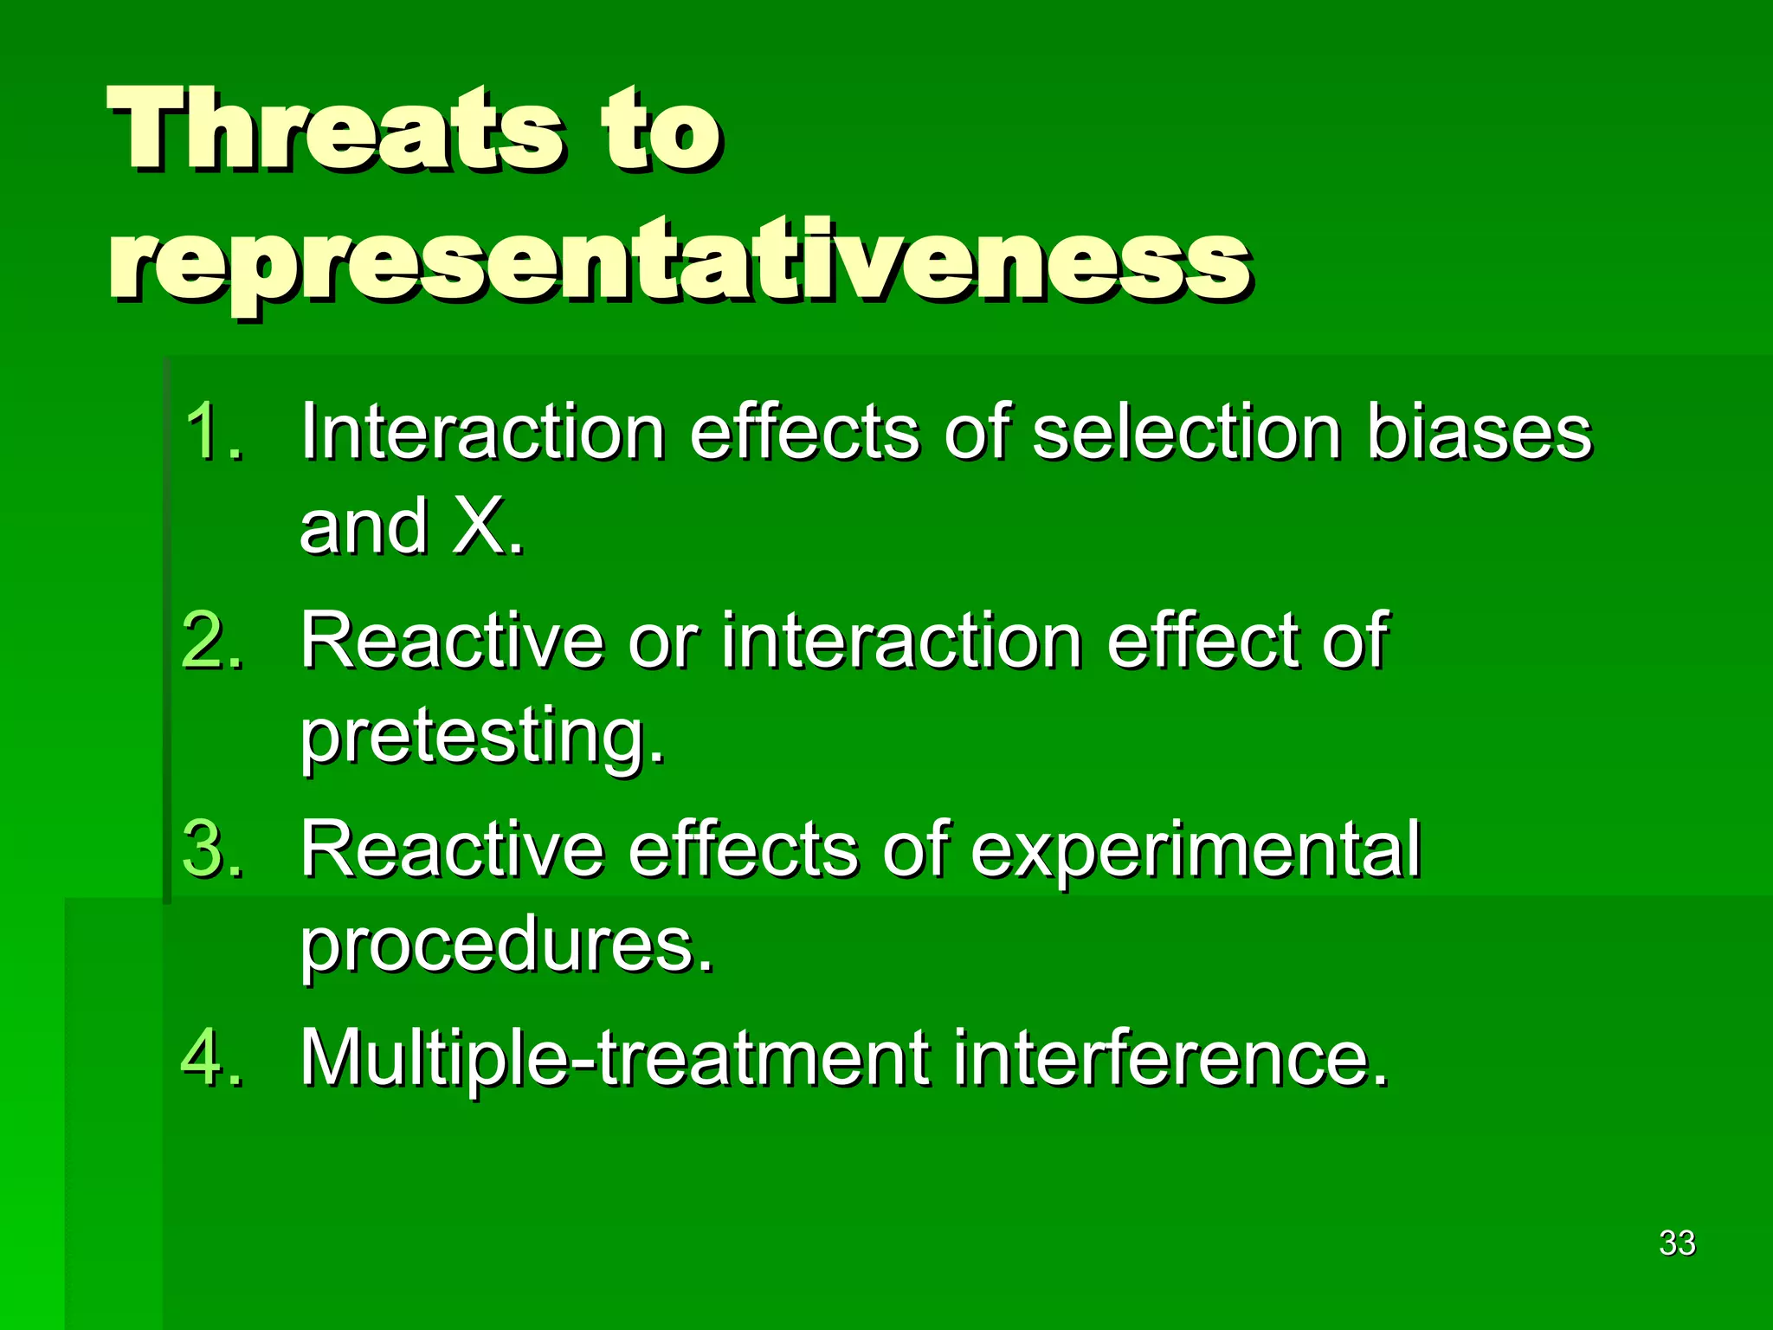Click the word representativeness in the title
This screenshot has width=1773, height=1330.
(x=680, y=260)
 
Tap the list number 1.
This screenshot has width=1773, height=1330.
(x=213, y=430)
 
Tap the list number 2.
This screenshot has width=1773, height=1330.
(x=213, y=640)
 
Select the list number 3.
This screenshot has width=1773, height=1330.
(x=213, y=849)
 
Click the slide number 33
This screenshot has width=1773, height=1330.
(x=1677, y=1243)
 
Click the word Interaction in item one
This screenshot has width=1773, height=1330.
(x=482, y=430)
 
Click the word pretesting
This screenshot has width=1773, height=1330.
(x=482, y=736)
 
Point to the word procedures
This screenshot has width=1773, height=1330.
(x=506, y=946)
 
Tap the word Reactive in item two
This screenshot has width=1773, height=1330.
(x=451, y=640)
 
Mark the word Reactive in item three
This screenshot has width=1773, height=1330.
(x=451, y=849)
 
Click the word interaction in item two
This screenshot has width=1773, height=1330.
(x=901, y=640)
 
